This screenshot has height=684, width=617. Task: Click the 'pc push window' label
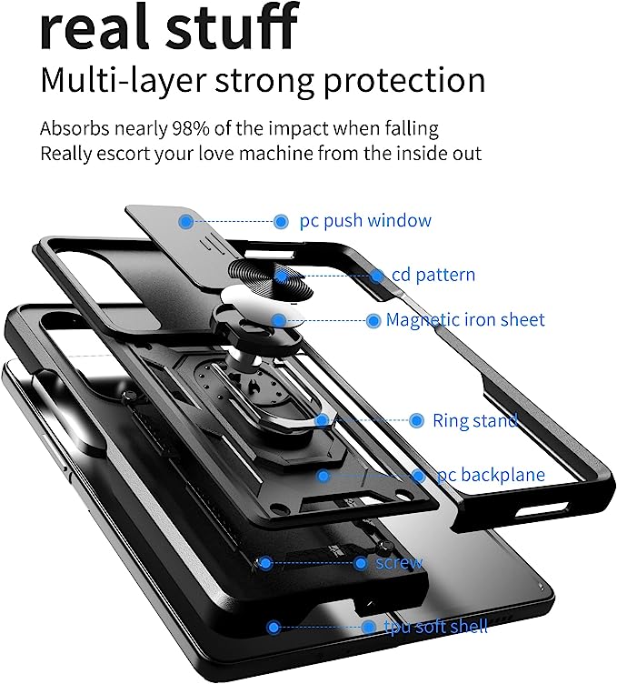tap(365, 221)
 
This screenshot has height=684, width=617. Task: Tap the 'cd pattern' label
tap(433, 275)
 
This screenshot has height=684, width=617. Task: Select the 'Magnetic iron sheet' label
tap(465, 320)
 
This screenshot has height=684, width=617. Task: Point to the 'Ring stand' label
tap(475, 421)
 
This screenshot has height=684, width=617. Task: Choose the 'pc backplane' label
tap(491, 475)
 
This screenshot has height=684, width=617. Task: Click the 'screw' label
tap(399, 563)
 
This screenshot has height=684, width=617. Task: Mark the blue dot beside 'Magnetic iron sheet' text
tap(373, 320)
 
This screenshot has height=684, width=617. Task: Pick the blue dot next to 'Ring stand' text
tap(417, 421)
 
